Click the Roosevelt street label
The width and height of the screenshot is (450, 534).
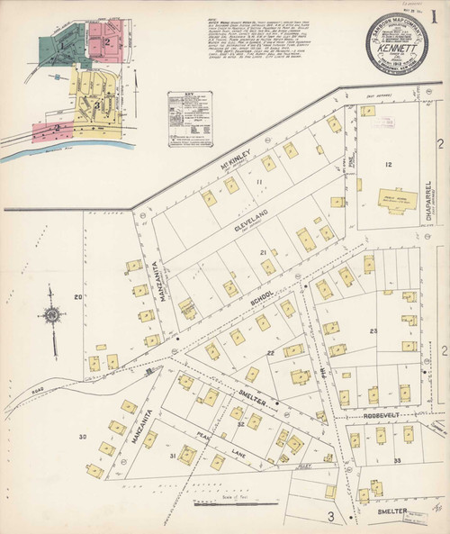pos(384,416)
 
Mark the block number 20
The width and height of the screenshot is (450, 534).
pos(78,297)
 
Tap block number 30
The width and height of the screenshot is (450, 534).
pos(82,437)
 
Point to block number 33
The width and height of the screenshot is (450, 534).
pos(398,461)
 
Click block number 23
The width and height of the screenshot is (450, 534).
pos(372,332)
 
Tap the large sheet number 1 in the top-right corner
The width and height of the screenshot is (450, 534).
pos(434,16)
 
